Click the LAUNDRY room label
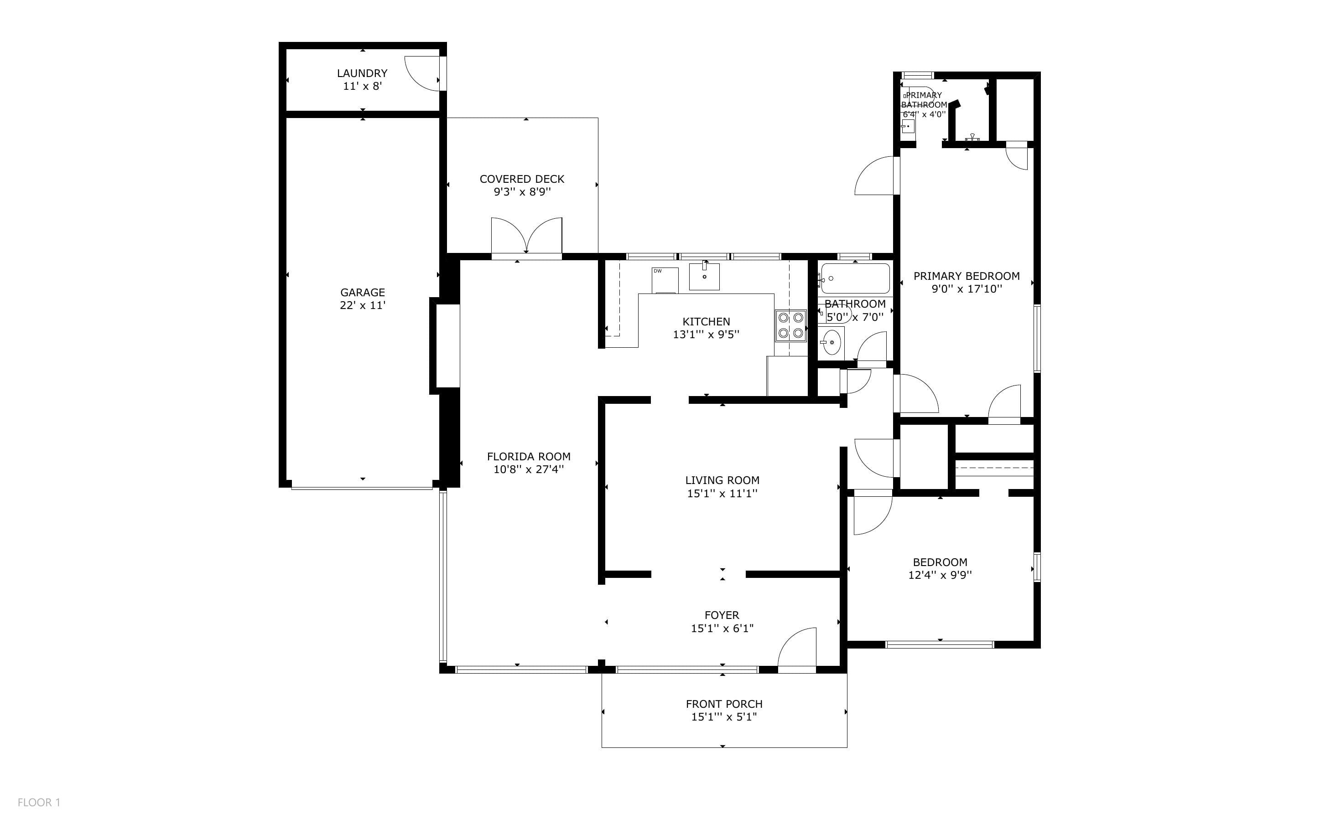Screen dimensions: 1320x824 [x=362, y=73]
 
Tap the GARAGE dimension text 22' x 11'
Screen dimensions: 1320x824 [x=363, y=305]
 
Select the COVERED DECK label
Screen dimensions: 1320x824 [x=522, y=179]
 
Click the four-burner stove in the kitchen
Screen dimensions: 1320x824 [x=790, y=325]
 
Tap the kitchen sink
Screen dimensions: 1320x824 [x=704, y=276]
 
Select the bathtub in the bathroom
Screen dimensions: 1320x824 [x=854, y=278]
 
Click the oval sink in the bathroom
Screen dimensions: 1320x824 [x=831, y=342]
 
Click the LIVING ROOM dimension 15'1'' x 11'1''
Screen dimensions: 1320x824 [x=722, y=494]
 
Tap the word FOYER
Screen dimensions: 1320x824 [x=722, y=615]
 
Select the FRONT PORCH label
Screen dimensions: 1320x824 [x=724, y=704]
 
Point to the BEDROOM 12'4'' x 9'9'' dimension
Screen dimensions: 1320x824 [x=940, y=575]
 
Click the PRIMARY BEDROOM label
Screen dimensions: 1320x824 [x=966, y=276]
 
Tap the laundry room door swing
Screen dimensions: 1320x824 [x=422, y=73]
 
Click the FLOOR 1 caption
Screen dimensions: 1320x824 [x=39, y=802]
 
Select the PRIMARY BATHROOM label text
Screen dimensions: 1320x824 [x=924, y=100]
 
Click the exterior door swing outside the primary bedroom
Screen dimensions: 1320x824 [x=874, y=175]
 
